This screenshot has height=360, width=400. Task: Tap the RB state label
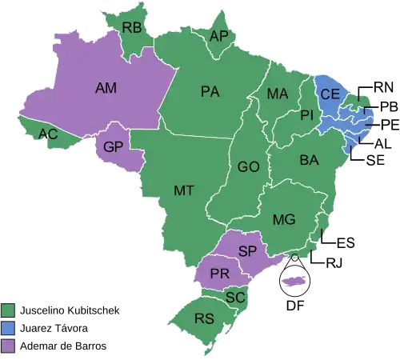click(x=132, y=28)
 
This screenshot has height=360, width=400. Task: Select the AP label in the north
click(x=218, y=36)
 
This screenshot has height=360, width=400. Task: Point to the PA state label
click(x=210, y=92)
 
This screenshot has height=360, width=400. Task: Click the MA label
click(x=278, y=94)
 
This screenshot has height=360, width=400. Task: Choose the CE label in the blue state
click(x=330, y=94)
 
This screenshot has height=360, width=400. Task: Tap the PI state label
click(x=306, y=116)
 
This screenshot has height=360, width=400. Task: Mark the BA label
click(x=310, y=161)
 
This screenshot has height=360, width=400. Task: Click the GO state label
click(x=248, y=167)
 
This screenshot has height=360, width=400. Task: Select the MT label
click(x=184, y=190)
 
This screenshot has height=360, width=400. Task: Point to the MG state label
click(x=284, y=219)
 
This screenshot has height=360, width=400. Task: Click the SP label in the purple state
click(x=247, y=251)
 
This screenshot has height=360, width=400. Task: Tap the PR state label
click(x=220, y=274)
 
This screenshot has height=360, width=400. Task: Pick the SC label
click(x=235, y=297)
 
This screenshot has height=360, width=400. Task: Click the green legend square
click(x=9, y=309)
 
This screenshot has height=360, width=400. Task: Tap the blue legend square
click(x=9, y=327)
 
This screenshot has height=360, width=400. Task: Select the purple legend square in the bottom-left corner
click(x=9, y=346)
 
